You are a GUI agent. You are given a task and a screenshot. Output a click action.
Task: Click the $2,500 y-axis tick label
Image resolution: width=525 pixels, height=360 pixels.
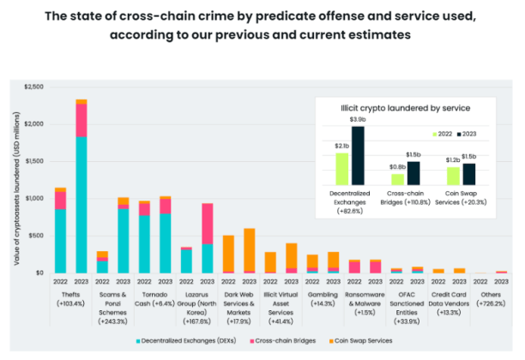(33, 87)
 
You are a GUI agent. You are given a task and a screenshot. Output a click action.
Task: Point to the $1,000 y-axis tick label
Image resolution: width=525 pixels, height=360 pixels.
(33, 198)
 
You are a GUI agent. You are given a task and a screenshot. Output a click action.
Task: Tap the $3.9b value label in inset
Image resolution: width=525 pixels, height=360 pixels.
(358, 119)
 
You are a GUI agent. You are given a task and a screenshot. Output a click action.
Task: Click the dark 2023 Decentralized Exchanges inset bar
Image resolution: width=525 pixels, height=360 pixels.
(358, 155)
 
